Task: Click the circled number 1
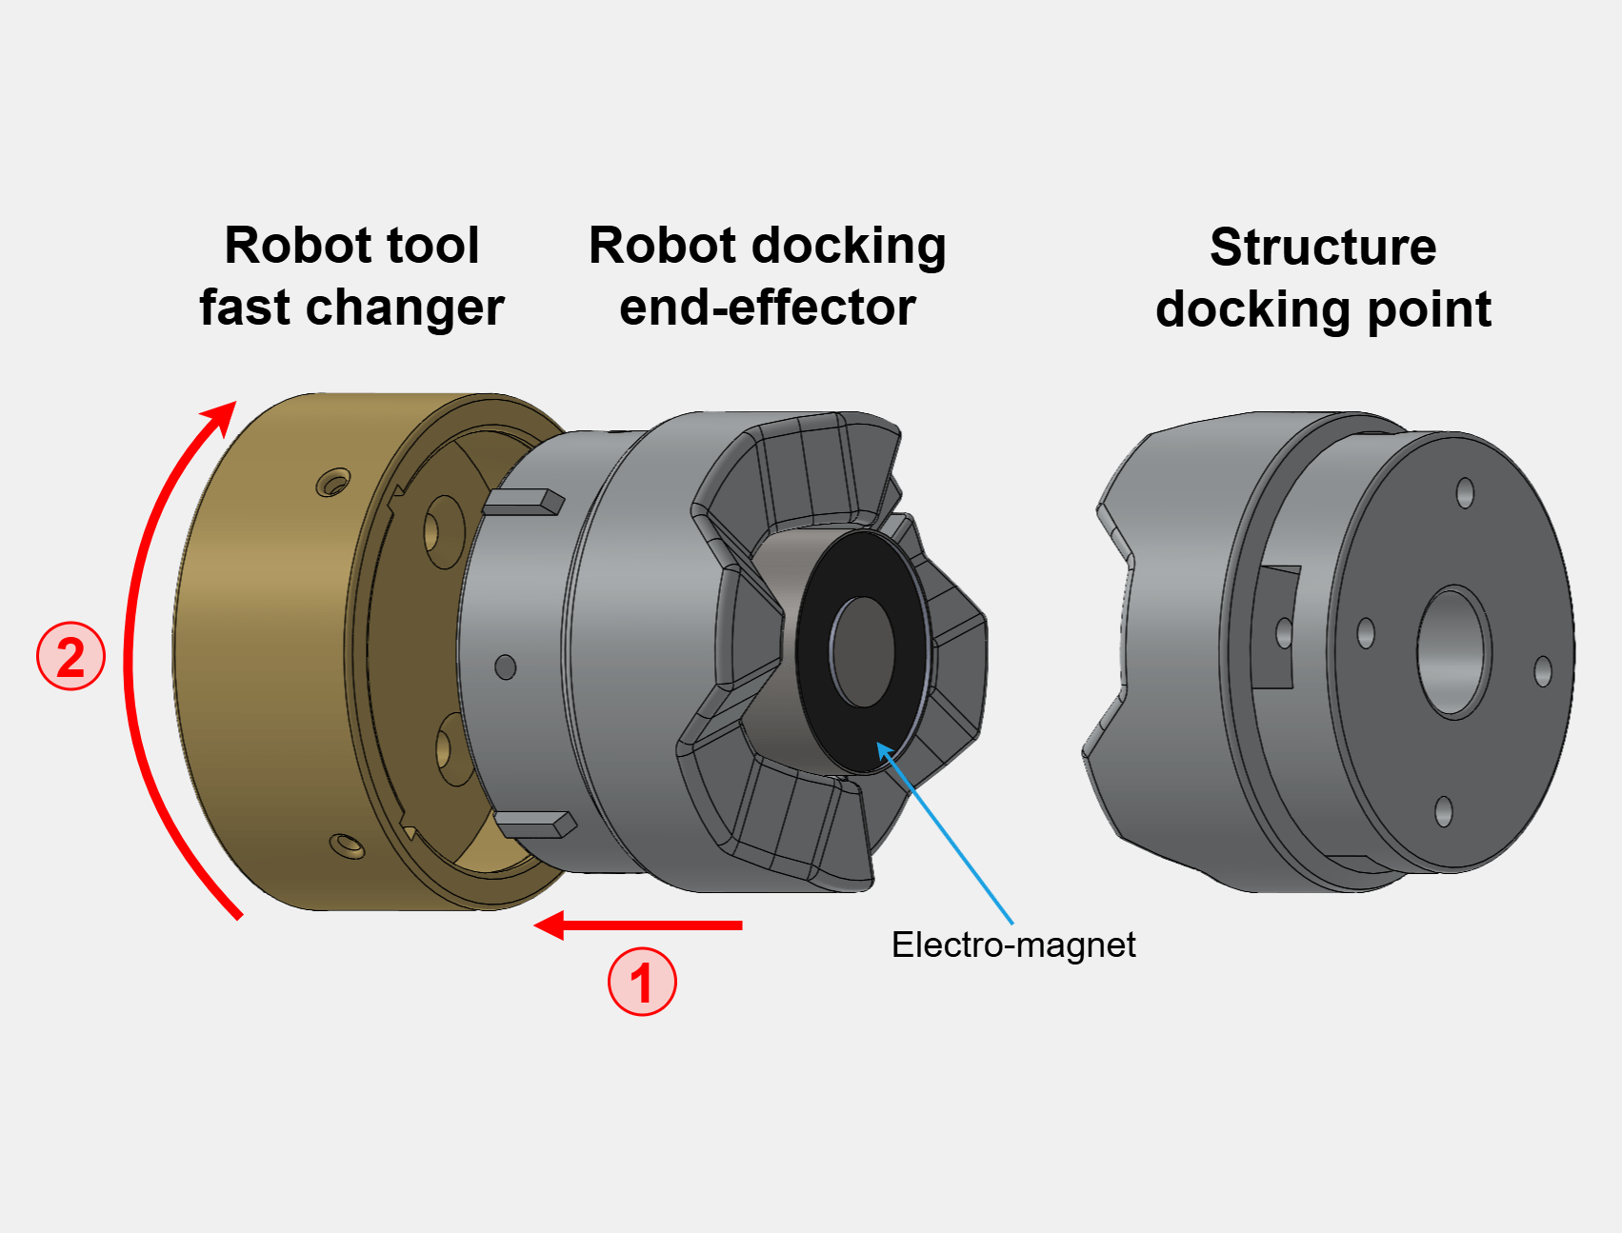click(642, 982)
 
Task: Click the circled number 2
click(70, 656)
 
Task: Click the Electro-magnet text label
click(1012, 945)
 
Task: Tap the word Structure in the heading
click(1322, 248)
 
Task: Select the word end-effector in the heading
click(767, 308)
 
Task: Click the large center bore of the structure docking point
click(1452, 651)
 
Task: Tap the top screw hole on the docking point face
click(1465, 493)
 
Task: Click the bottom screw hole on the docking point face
click(1443, 812)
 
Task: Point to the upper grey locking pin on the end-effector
click(523, 503)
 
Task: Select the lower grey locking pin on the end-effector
click(535, 824)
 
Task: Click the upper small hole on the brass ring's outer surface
click(332, 483)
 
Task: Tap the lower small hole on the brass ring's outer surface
click(346, 845)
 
